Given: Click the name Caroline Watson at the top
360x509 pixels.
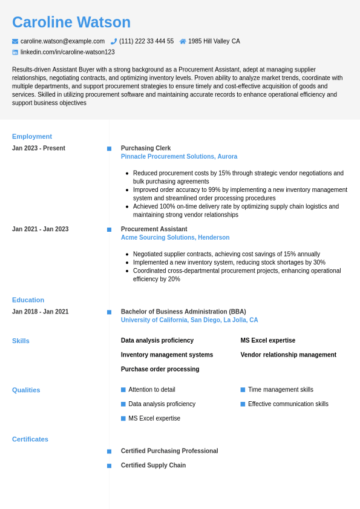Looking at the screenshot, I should pyautogui.click(x=71, y=22).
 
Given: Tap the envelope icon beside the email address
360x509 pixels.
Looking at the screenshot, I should pyautogui.click(x=15, y=41).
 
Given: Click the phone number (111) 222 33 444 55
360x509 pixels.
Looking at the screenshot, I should pyautogui.click(x=146, y=41).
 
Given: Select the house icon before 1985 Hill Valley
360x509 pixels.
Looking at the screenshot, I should pyautogui.click(x=183, y=41).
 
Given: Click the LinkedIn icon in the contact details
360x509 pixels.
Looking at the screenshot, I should pyautogui.click(x=15, y=52).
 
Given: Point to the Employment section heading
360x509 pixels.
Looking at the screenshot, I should pyautogui.click(x=32, y=136).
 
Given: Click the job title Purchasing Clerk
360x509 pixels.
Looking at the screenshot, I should pyautogui.click(x=146, y=148).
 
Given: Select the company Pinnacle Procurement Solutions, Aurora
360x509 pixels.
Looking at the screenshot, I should pyautogui.click(x=179, y=157).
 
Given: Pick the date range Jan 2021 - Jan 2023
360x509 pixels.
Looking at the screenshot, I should pyautogui.click(x=40, y=229).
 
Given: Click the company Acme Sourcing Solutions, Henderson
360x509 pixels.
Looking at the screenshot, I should pyautogui.click(x=175, y=238).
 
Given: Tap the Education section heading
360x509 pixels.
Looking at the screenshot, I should pyautogui.click(x=28, y=300).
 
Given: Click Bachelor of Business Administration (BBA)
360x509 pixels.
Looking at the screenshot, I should pyautogui.click(x=183, y=312).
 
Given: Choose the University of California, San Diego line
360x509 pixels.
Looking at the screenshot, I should pyautogui.click(x=189, y=320).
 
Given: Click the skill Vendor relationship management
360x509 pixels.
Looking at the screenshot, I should pyautogui.click(x=288, y=355).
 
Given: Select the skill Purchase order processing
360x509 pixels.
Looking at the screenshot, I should pyautogui.click(x=160, y=369).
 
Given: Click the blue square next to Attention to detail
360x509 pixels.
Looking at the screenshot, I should pyautogui.click(x=123, y=390).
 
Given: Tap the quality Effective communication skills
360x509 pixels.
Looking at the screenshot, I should pyautogui.click(x=288, y=404).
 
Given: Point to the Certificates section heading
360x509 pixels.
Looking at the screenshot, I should pyautogui.click(x=30, y=439).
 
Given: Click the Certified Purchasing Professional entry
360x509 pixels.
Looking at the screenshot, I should pyautogui.click(x=169, y=451).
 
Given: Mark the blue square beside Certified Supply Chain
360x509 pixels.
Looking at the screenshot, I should pyautogui.click(x=109, y=465).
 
